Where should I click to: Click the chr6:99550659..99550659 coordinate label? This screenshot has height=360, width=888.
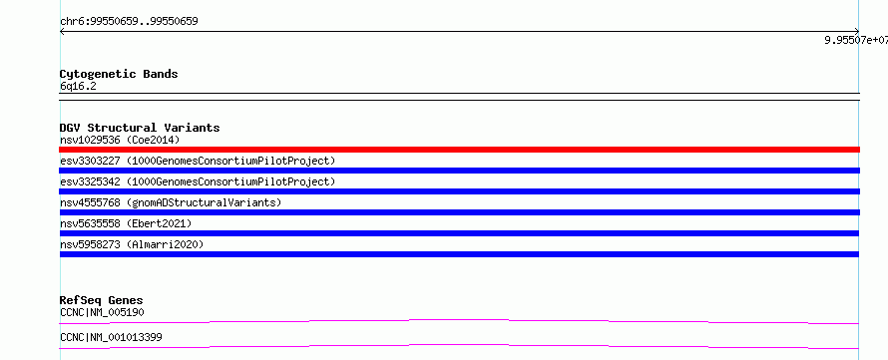tap(129, 22)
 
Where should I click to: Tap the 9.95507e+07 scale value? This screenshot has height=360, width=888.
tap(856, 40)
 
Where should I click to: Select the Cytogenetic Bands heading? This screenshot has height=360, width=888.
tap(119, 74)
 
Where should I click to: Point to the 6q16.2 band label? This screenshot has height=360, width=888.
tap(78, 86)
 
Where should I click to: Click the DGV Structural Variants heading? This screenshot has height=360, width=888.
tap(140, 128)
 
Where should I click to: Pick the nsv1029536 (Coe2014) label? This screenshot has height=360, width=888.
tap(120, 140)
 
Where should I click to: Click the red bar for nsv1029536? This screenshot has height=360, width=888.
tap(459, 150)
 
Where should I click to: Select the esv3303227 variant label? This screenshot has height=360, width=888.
tap(198, 161)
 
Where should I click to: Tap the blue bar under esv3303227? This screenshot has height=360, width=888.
tap(459, 171)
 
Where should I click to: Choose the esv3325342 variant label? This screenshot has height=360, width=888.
tap(198, 181)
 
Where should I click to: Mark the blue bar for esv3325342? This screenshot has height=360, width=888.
tap(459, 191)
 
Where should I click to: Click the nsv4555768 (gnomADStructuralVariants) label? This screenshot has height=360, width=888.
tap(171, 202)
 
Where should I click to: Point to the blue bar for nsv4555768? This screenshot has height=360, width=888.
tap(459, 212)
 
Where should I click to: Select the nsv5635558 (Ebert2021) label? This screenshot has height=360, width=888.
tap(126, 223)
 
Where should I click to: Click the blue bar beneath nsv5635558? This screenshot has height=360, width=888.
tap(459, 233)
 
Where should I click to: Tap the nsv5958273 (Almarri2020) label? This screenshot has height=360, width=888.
tap(132, 244)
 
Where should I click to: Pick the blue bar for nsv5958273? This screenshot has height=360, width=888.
tap(459, 254)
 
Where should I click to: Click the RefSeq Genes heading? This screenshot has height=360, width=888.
tap(102, 300)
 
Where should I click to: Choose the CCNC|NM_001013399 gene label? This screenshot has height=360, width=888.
tap(111, 337)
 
